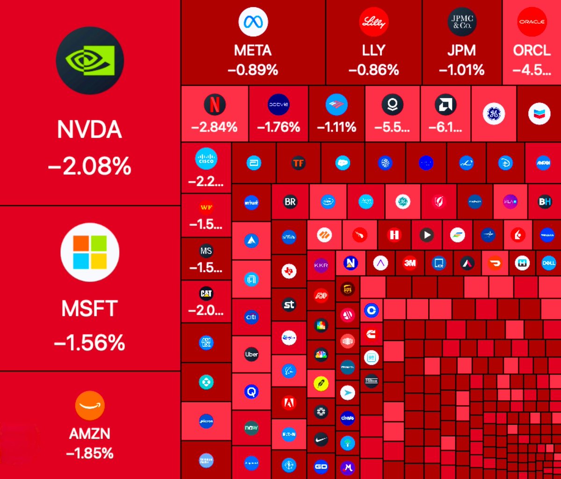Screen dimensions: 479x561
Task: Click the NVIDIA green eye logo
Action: tap(90, 61)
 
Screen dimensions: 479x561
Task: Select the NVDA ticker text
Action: tap(90, 129)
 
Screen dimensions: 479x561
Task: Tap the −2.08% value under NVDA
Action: tap(90, 166)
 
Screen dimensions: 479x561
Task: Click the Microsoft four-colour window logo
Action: tap(90, 252)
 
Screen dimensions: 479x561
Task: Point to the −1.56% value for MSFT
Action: tap(90, 343)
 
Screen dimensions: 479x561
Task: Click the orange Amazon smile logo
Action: tap(90, 405)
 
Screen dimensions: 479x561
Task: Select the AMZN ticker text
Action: tap(90, 434)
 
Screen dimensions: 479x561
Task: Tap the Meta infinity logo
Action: tap(253, 21)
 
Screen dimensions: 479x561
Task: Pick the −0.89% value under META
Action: tap(253, 70)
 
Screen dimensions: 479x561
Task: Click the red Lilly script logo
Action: tap(374, 21)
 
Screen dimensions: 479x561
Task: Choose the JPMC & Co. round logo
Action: tap(461, 21)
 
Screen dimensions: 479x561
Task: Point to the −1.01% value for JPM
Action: tap(461, 70)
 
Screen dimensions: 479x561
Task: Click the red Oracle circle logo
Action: tap(532, 21)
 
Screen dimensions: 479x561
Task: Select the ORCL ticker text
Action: tap(532, 50)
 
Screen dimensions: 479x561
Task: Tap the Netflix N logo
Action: tap(215, 105)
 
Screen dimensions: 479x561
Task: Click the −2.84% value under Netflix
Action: tap(215, 127)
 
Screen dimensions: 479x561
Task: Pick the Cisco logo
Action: tap(206, 159)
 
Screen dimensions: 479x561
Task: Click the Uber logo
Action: tap(252, 354)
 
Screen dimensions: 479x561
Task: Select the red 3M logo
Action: tap(410, 263)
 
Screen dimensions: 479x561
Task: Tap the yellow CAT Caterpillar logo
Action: tap(206, 293)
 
